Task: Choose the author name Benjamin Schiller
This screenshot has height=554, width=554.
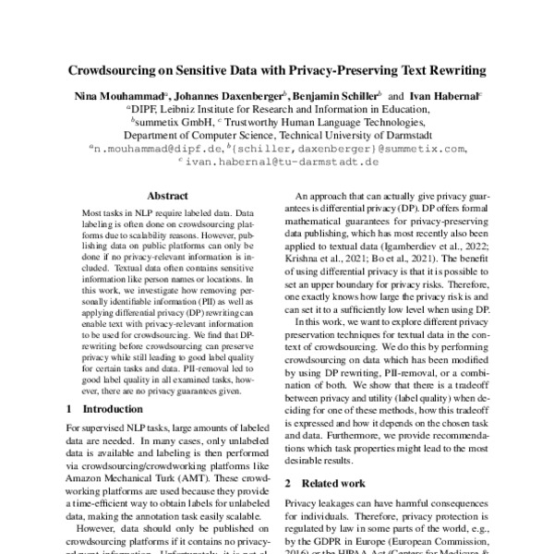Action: point(338,94)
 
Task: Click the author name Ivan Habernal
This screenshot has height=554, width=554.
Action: point(442,94)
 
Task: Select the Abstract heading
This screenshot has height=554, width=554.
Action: point(169,196)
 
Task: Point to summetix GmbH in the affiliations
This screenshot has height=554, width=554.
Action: point(175,120)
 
